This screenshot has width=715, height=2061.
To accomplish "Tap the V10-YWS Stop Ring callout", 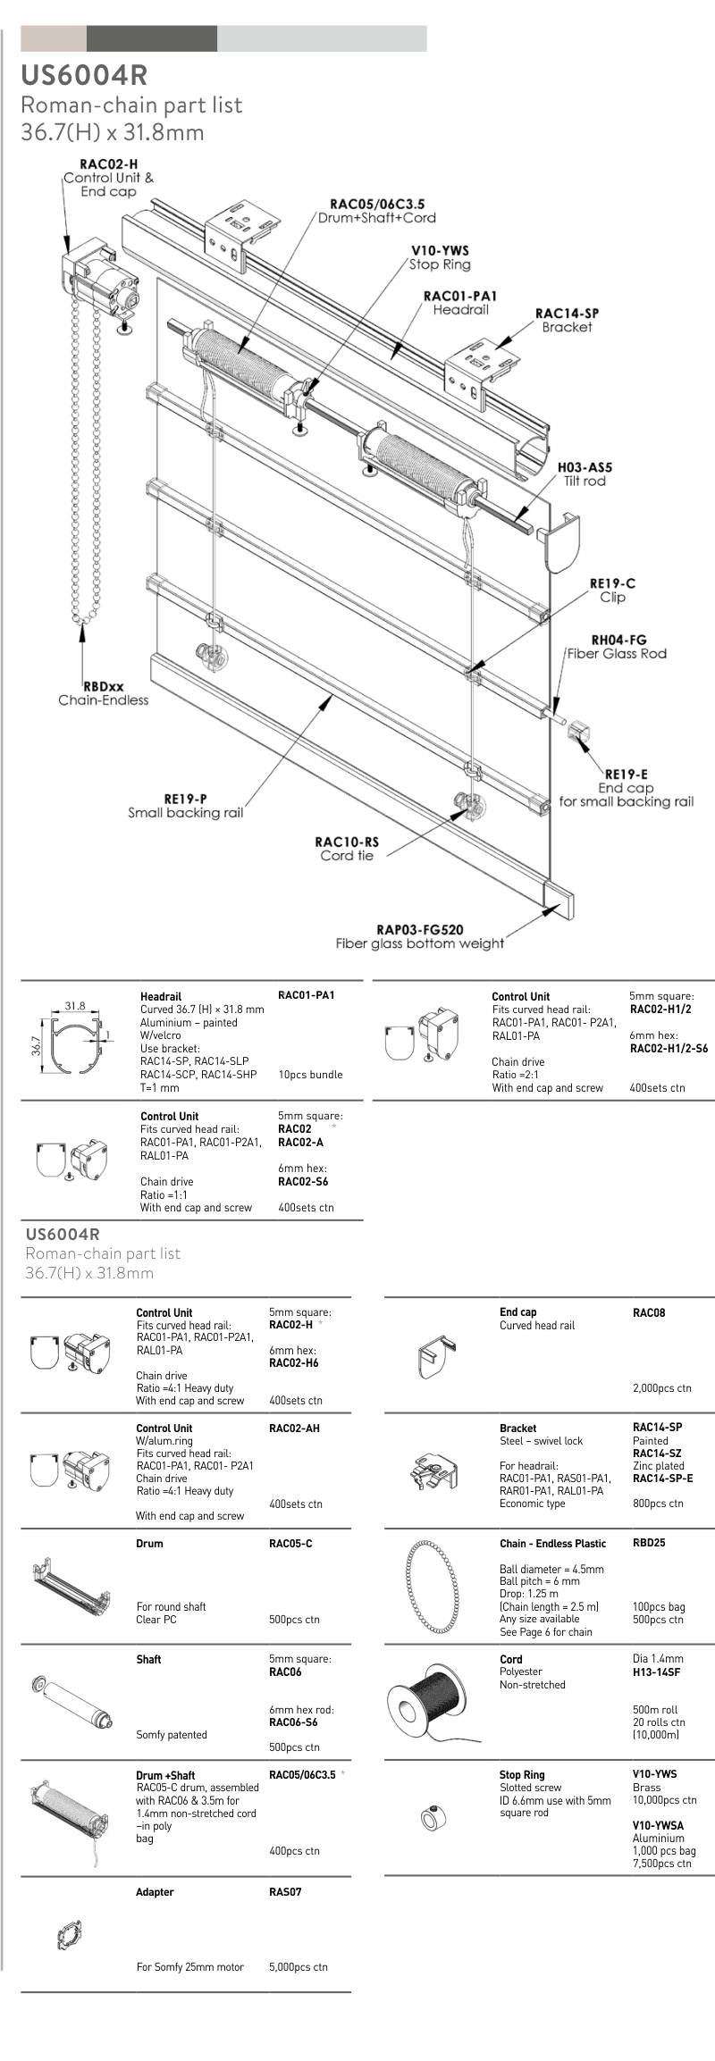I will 440,257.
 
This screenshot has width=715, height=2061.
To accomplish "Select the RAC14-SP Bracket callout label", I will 567,320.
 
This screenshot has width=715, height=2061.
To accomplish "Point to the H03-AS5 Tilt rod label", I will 585,473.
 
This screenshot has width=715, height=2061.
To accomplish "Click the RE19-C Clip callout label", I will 612,590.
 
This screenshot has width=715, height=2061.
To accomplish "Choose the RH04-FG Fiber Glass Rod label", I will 618,646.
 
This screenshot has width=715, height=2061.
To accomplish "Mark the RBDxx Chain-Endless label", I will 104,693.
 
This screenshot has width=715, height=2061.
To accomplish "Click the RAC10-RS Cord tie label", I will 347,848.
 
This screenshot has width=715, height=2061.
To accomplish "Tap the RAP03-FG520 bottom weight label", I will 419,936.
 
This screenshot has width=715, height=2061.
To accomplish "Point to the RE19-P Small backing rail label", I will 185,806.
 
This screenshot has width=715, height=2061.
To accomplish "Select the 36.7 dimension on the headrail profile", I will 37,1045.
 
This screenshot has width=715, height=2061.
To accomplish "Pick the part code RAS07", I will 285,1892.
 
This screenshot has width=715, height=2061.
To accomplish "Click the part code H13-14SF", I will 656,1671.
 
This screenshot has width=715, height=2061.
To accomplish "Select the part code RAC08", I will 649,1312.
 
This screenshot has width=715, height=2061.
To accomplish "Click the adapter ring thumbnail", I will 69,1934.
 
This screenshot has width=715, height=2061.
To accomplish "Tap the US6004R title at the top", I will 84,75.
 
